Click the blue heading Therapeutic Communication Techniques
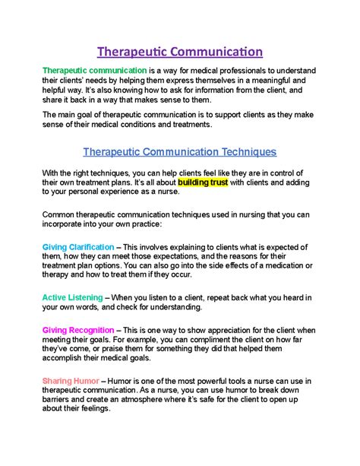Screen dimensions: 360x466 click(179, 151)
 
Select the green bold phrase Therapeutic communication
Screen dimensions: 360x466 click(84, 70)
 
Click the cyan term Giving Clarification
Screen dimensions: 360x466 click(78, 247)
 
